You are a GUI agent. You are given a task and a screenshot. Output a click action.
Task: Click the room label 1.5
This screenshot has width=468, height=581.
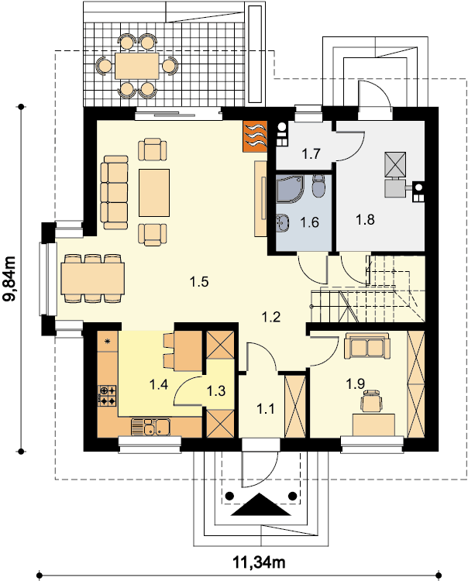[x=199, y=282]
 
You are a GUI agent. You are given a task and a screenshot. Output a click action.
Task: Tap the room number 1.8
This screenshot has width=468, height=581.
[x=365, y=220]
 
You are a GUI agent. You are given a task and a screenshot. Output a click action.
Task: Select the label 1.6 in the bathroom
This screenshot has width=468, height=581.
[x=309, y=222]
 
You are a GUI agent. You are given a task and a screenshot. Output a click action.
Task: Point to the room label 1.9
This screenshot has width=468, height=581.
[x=356, y=384]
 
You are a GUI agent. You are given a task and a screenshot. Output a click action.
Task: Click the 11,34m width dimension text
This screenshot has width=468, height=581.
[x=259, y=562]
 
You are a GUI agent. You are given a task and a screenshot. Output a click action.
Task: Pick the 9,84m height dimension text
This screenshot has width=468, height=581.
[x=11, y=279]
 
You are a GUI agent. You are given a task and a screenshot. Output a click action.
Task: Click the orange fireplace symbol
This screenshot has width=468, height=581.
[x=255, y=136]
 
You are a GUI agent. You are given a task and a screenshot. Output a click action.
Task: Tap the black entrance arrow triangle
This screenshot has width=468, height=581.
[x=261, y=504]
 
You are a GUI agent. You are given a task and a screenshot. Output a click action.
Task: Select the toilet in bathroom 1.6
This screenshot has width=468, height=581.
[x=318, y=185]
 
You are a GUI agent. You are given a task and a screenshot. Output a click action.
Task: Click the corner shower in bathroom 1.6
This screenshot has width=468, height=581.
[x=290, y=189]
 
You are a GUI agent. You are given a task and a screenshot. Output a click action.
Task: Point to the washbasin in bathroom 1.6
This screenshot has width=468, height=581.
[x=282, y=222]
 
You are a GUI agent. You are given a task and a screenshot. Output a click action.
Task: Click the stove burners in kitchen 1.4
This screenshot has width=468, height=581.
[x=107, y=395]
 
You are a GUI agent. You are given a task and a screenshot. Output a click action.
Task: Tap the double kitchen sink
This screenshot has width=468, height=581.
[x=150, y=427]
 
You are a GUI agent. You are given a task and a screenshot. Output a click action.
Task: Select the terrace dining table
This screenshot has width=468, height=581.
[x=136, y=66]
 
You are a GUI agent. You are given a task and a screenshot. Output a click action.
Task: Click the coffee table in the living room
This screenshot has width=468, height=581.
[x=154, y=193]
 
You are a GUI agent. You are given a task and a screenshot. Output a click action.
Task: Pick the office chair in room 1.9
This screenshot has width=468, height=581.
[x=372, y=401]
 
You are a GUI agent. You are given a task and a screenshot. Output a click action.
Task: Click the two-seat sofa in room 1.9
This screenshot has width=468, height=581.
[x=366, y=346]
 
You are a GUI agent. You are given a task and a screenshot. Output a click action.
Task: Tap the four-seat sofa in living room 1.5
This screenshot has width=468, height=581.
[x=115, y=192]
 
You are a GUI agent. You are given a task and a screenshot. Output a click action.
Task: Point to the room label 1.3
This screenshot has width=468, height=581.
[x=216, y=390]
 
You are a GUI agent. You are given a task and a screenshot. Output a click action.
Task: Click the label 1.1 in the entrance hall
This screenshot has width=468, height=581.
[x=266, y=409]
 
